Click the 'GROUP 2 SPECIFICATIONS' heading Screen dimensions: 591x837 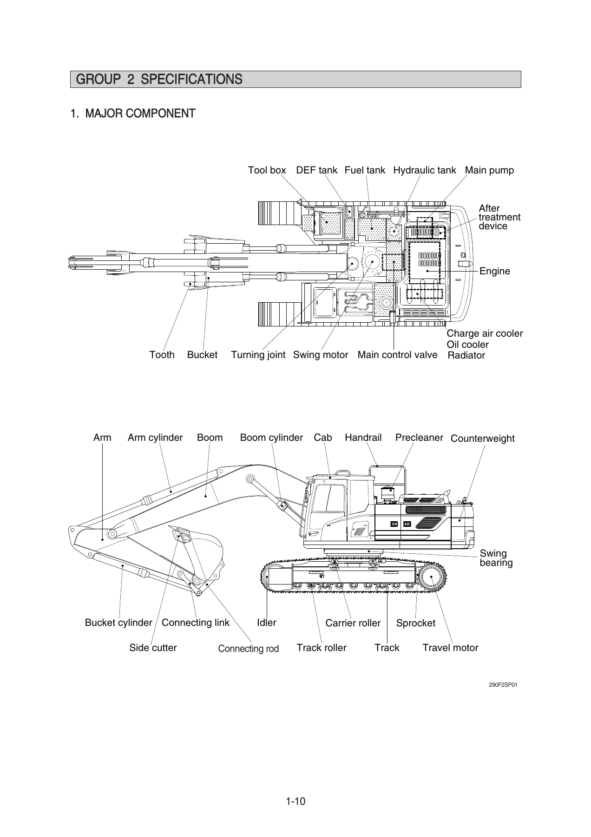(x=159, y=80)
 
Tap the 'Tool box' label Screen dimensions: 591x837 (x=267, y=170)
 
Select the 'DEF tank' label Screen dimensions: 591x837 (x=316, y=170)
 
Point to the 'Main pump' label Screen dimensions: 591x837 (x=489, y=170)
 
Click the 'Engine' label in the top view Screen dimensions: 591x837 (x=495, y=271)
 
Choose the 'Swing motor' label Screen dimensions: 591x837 (x=321, y=355)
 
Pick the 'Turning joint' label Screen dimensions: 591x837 (x=258, y=355)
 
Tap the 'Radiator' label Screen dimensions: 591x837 (x=466, y=356)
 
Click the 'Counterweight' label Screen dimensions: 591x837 (x=483, y=438)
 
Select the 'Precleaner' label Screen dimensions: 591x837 (x=419, y=438)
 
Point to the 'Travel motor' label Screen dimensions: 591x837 (x=450, y=648)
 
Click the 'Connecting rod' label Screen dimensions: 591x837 (x=249, y=649)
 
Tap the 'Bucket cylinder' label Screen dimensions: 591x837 (x=118, y=623)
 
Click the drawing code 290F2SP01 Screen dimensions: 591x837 (x=503, y=685)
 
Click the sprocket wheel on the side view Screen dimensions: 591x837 (x=432, y=578)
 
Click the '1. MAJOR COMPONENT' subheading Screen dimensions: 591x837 (x=133, y=113)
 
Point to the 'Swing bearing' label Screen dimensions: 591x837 (x=496, y=558)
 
